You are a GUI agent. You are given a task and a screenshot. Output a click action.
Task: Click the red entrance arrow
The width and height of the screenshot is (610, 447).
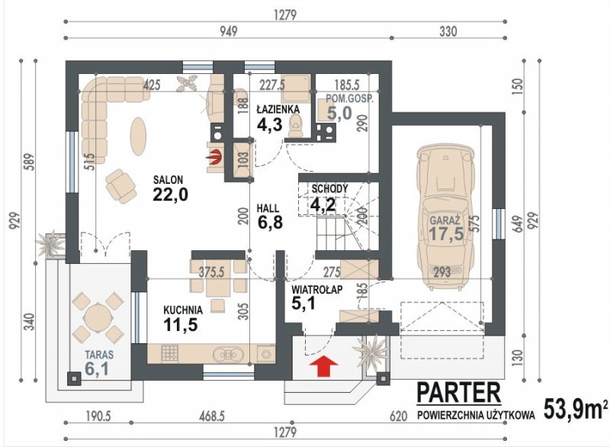[323, 365]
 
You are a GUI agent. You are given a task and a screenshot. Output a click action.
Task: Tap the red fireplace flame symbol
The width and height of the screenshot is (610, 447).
[214, 157]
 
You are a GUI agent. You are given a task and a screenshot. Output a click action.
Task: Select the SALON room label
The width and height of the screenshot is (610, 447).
[168, 180]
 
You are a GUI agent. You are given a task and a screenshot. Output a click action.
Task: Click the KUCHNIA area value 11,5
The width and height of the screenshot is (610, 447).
[181, 324]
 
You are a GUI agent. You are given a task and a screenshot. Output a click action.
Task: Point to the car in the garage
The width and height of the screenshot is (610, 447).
[446, 217]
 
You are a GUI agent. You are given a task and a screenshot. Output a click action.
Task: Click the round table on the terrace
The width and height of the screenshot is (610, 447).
[98, 317]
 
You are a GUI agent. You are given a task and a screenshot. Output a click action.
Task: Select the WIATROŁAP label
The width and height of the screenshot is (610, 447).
[317, 290]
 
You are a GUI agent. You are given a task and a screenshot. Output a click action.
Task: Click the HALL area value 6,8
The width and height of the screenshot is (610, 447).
[270, 222]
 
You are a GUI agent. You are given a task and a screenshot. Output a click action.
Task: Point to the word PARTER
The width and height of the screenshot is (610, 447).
[459, 393]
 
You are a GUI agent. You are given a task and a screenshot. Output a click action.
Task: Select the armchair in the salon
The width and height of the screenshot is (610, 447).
[121, 187]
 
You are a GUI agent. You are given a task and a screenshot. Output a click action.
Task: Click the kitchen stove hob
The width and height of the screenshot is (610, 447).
[169, 354]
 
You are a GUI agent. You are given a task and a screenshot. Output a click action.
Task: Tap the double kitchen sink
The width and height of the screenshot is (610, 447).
[228, 355]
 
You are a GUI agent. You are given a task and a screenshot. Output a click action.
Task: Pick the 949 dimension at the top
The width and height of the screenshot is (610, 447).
[228, 31]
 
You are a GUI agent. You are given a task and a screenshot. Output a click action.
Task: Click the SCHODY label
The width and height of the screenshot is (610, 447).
[330, 189]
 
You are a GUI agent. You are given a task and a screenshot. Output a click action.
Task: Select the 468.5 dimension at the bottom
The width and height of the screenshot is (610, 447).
[211, 416]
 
